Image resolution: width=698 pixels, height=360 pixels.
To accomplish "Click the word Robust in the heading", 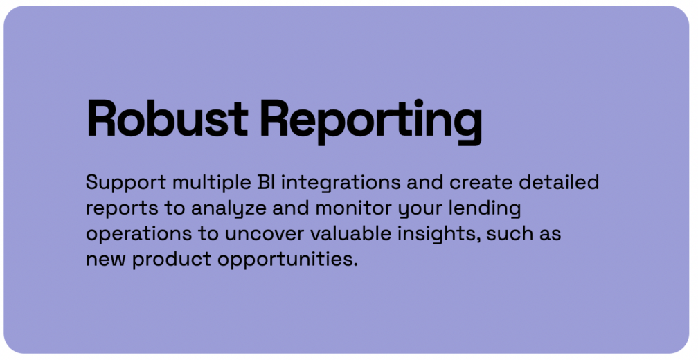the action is [167, 119].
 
